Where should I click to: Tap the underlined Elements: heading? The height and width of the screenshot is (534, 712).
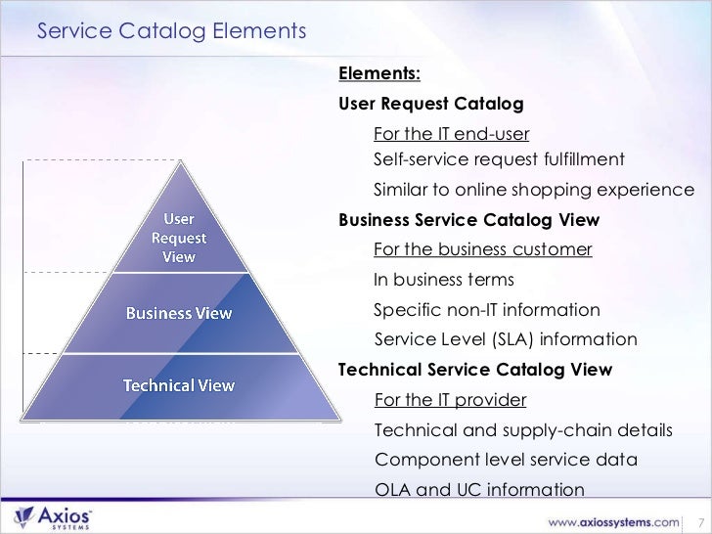(x=379, y=75)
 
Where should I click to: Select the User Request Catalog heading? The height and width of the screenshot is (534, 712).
(x=430, y=104)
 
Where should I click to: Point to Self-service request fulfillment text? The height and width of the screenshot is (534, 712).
(x=499, y=159)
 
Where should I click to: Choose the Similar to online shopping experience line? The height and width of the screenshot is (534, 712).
(x=534, y=190)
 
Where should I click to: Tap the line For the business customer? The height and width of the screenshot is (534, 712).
(x=483, y=249)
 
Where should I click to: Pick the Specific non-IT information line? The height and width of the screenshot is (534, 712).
(x=487, y=310)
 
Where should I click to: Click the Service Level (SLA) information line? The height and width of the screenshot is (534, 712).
(x=506, y=340)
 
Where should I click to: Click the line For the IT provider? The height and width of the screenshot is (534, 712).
(x=450, y=401)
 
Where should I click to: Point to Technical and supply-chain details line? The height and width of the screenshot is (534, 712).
(x=523, y=431)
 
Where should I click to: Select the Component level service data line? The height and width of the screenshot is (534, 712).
(x=506, y=461)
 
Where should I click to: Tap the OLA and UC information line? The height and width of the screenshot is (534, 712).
(x=479, y=491)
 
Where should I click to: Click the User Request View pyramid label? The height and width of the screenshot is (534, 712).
(x=178, y=237)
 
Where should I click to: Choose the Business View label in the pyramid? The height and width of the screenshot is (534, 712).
(x=179, y=313)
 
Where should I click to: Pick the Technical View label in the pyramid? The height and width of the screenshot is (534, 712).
(x=178, y=385)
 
